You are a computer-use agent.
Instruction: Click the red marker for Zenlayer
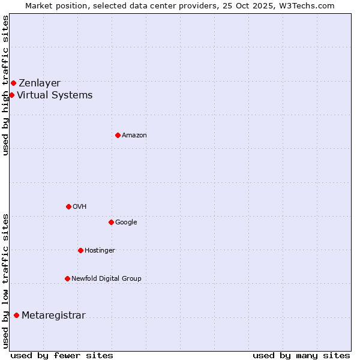tap(13, 83)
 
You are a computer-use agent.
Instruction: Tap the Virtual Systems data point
tap(11, 95)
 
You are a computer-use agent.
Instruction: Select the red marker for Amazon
tap(118, 135)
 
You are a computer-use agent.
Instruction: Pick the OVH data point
tap(68, 206)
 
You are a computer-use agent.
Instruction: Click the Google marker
tap(111, 222)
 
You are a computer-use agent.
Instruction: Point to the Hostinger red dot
tap(80, 250)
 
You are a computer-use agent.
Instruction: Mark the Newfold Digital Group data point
tap(67, 278)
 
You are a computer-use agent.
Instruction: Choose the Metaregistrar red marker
tap(16, 315)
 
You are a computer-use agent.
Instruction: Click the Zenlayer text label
tap(40, 83)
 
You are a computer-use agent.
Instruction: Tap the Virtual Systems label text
tap(55, 95)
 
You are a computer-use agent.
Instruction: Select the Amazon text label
tap(134, 136)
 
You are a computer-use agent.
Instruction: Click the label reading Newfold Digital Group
tap(106, 279)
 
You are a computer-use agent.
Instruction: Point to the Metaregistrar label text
tap(53, 316)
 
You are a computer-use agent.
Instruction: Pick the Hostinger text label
tap(100, 251)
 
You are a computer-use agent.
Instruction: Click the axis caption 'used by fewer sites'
tap(62, 355)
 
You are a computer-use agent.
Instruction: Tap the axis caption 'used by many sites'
tap(301, 355)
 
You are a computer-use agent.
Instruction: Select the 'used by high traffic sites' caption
tap(5, 85)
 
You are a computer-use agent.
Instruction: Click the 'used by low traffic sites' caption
tap(5, 280)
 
